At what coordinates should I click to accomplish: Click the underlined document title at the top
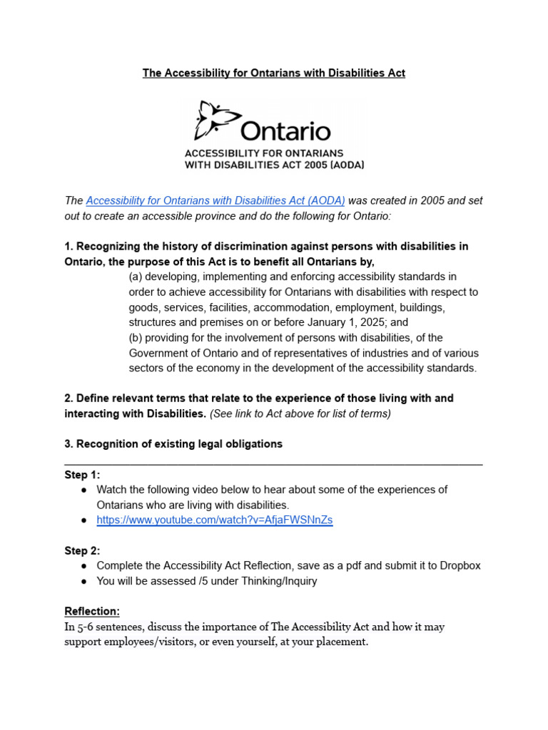point(273,73)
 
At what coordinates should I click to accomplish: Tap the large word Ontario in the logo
point(285,131)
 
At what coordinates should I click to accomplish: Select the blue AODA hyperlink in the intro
point(215,201)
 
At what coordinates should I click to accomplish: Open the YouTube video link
point(214,520)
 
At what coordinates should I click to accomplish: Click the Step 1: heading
point(82,475)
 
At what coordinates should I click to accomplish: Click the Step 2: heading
point(82,550)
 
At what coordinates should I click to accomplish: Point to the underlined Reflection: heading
point(92,612)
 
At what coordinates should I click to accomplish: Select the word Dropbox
point(459,565)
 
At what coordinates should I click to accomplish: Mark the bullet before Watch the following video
point(83,490)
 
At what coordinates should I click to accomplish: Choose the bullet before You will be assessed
point(83,581)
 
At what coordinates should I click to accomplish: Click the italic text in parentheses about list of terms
point(300,413)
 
